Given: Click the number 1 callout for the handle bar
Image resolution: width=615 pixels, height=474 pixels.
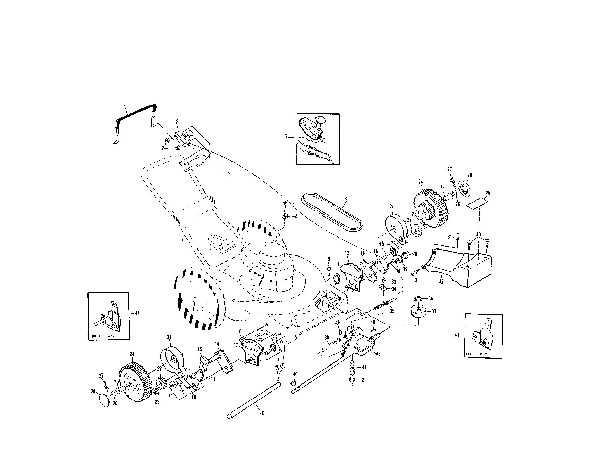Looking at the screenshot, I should (125, 106).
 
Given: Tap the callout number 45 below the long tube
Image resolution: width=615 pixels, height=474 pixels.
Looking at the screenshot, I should (262, 413).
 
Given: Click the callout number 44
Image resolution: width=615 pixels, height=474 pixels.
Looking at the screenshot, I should (138, 313).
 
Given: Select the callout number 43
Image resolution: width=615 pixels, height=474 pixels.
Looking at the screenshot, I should (457, 335).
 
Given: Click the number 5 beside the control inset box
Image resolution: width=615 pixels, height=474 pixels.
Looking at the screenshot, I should (285, 136).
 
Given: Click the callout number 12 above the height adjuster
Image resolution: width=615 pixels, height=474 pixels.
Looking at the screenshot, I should (347, 253).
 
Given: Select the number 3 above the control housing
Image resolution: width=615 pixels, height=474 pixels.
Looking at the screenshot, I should (177, 121).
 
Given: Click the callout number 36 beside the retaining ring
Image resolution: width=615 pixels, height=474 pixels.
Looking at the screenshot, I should (430, 298).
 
